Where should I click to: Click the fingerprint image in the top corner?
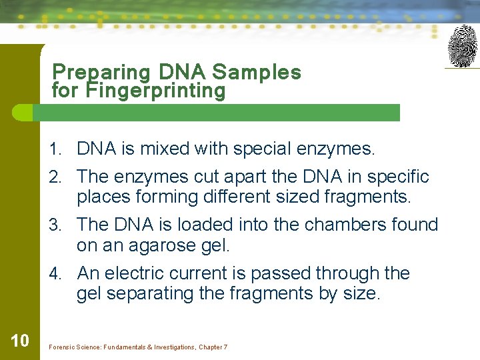coord(462,46)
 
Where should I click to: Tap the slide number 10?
coord(20,341)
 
